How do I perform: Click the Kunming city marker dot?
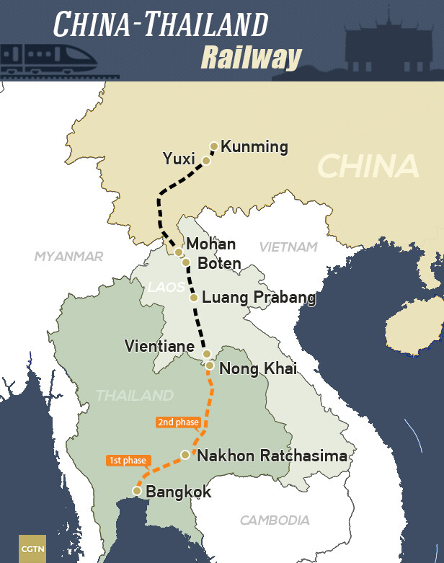(214, 146)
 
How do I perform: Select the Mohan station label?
(210, 245)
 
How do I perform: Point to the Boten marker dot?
(185, 262)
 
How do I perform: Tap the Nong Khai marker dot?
(210, 365)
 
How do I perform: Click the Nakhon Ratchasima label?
(272, 456)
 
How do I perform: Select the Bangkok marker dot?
(136, 491)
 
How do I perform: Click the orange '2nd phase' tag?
(177, 422)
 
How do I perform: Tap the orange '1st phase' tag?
(128, 460)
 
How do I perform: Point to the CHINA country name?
(368, 167)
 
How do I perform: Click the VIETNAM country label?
(288, 247)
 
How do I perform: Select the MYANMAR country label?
(69, 256)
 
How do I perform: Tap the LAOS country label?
(166, 288)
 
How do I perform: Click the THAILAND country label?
(135, 396)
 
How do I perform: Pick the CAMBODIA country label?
(275, 520)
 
